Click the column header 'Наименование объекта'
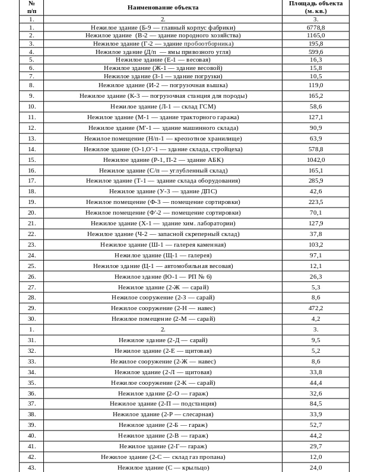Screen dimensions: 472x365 [x=163, y=7]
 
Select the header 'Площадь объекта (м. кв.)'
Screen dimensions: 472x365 [x=315, y=7]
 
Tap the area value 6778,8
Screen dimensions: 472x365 [x=315, y=27]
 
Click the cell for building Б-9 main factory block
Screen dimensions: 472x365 [x=163, y=27]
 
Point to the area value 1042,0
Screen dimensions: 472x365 [x=315, y=160]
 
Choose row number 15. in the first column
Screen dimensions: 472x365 [x=31, y=160]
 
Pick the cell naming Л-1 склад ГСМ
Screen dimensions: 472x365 [x=163, y=106]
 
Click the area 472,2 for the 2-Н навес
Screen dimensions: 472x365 [x=315, y=308]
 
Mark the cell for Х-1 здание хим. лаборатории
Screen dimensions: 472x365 [x=163, y=223]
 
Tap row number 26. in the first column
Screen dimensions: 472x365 [x=31, y=276]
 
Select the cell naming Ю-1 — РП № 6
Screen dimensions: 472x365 [x=163, y=276]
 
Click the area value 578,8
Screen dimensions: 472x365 [x=315, y=149]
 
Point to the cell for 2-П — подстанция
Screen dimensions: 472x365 [x=163, y=403]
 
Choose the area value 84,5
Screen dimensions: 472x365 [x=315, y=403]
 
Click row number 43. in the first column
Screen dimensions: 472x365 [x=31, y=467]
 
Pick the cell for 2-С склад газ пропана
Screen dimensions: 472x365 [x=163, y=457]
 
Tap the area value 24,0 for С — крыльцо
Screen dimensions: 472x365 [x=315, y=467]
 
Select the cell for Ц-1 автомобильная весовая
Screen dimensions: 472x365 [x=163, y=266]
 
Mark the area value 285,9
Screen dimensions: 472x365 [x=315, y=180]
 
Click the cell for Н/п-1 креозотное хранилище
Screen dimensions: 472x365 [x=163, y=138]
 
